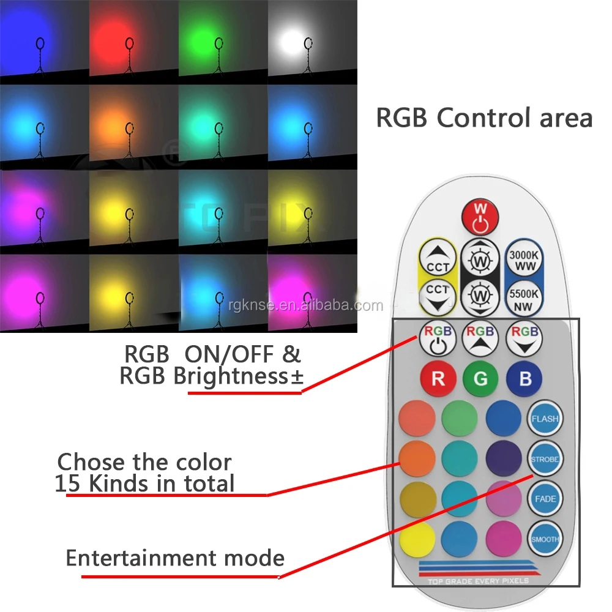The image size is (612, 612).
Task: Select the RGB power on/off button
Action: coord(438,338)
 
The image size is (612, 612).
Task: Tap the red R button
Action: coord(438,378)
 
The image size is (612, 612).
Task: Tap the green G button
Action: coord(481,378)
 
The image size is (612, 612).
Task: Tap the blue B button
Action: coord(524,378)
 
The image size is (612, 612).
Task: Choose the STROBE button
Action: coord(544,459)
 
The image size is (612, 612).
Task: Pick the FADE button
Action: coord(544,499)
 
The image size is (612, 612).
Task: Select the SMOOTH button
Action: coord(544,539)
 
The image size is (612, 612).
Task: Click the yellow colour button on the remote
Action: coord(417,539)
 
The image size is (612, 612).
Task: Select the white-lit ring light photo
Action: coord(312,42)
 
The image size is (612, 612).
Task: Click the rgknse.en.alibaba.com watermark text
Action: coord(304,305)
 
